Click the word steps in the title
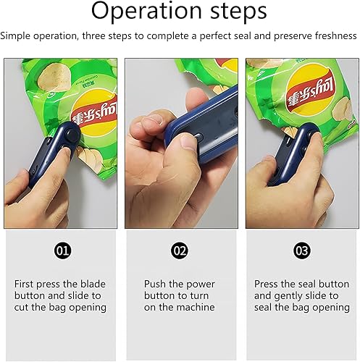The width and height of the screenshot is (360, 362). click(x=238, y=11)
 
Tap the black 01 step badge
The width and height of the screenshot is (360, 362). click(x=62, y=251)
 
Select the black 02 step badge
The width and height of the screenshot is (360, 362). click(x=180, y=251)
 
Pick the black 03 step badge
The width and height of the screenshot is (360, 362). click(x=302, y=251)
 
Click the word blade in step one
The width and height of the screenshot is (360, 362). click(x=93, y=284)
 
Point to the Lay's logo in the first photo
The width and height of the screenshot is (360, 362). click(x=95, y=113)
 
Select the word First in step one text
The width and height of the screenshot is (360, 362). click(x=24, y=284)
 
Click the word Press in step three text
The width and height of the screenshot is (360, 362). click(x=266, y=284)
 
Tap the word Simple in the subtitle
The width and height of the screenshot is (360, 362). click(x=15, y=36)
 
